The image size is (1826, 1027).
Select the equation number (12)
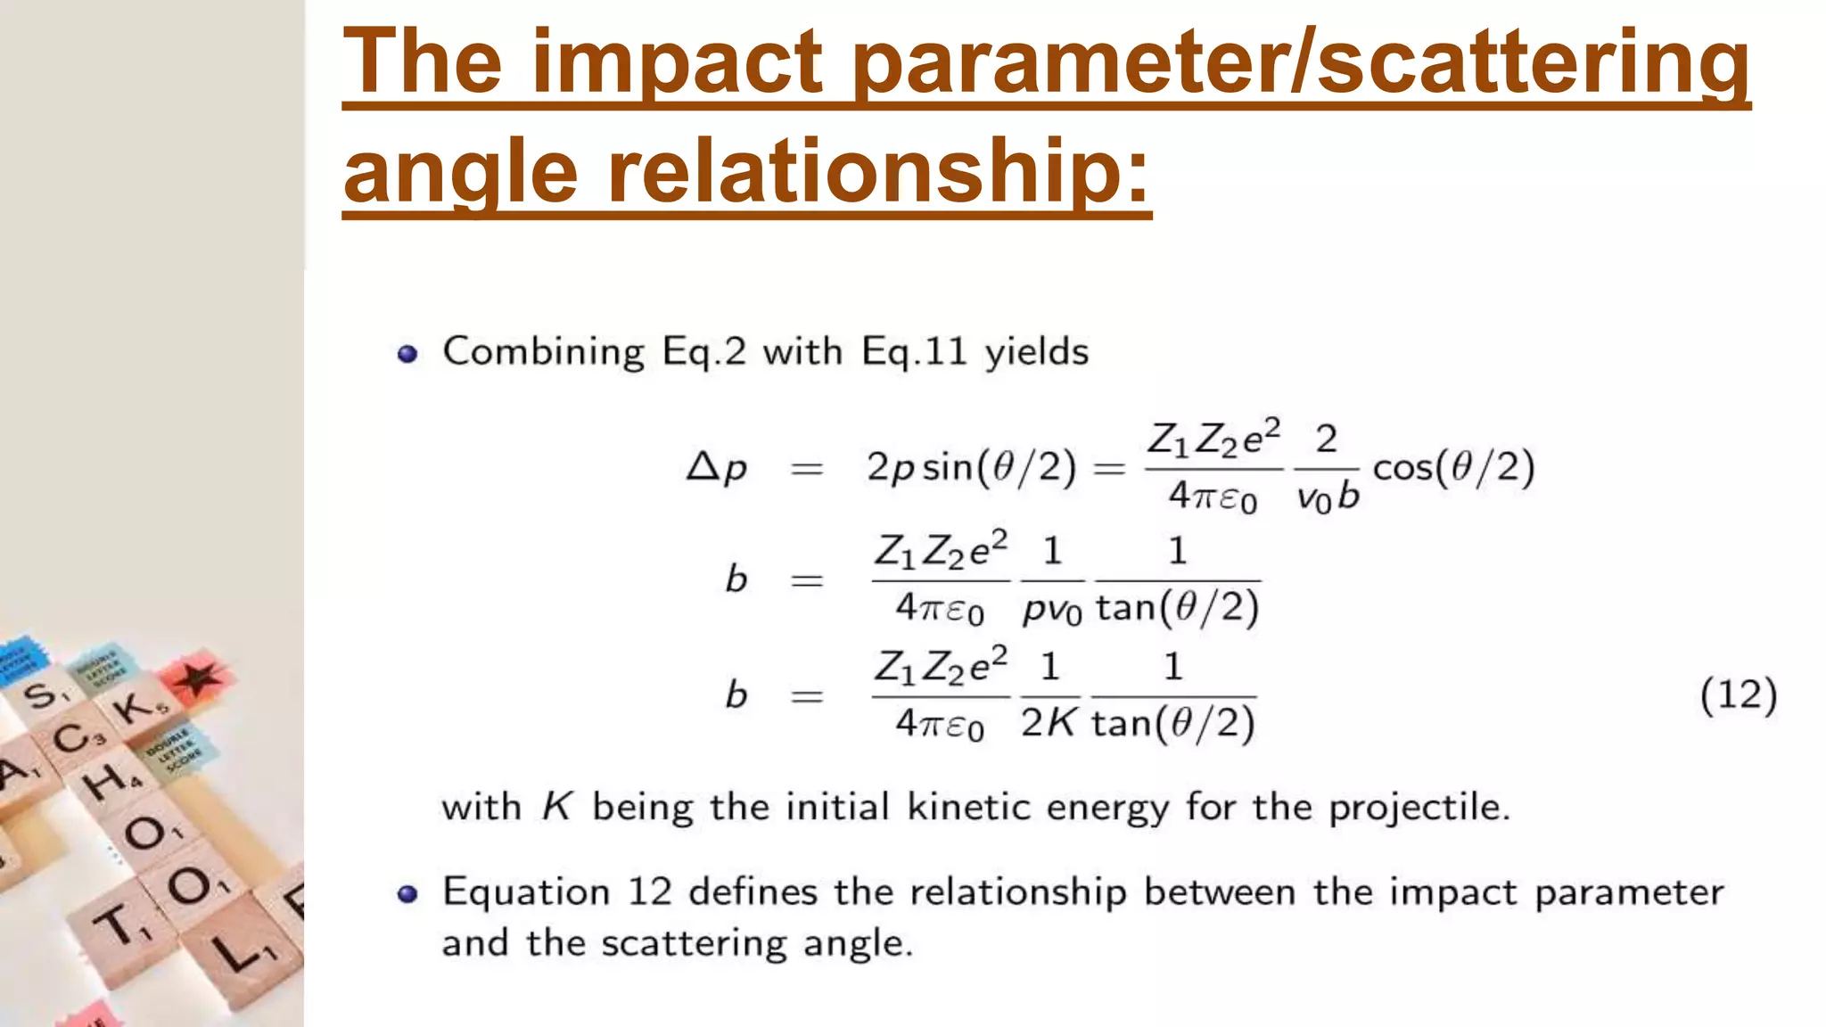pyautogui.click(x=1738, y=695)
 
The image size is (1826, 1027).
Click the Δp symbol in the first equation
pyautogui.click(x=716, y=468)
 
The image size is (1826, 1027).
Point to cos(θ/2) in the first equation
pyautogui.click(x=1453, y=468)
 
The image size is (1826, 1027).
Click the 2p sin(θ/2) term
pyautogui.click(x=971, y=468)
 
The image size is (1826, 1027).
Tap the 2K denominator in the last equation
pyautogui.click(x=1049, y=723)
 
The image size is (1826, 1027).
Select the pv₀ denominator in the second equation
pyautogui.click(x=1052, y=610)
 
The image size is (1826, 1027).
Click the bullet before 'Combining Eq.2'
pyautogui.click(x=407, y=354)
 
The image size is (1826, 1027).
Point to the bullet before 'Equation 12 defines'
pyautogui.click(x=407, y=893)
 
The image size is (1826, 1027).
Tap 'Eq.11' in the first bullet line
pyautogui.click(x=914, y=352)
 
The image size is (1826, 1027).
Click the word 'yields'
pyautogui.click(x=1036, y=352)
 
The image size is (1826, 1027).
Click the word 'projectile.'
pyautogui.click(x=1419, y=808)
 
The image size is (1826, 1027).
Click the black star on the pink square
pyautogui.click(x=198, y=679)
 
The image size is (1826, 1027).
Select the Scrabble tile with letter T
pyautogui.click(x=120, y=924)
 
